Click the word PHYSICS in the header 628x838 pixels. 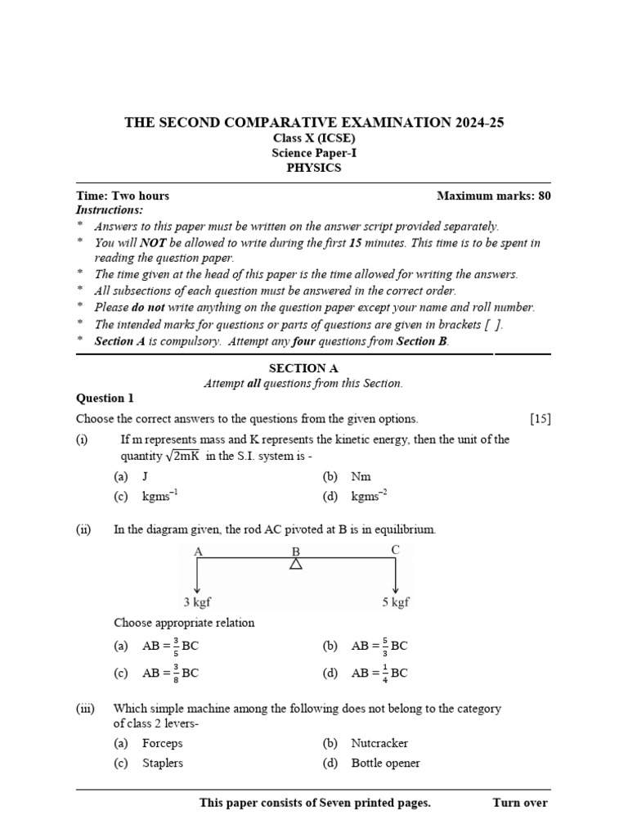click(x=314, y=168)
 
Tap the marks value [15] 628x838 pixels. click(x=540, y=418)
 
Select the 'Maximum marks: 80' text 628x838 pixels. click(x=494, y=196)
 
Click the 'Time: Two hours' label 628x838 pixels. click(x=123, y=196)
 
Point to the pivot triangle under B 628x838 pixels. click(x=296, y=565)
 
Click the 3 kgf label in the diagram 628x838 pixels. click(x=197, y=602)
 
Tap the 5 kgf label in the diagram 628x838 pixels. click(x=395, y=602)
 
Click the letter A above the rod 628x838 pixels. click(x=198, y=552)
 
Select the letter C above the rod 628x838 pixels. click(x=395, y=550)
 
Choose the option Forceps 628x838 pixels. click(x=162, y=743)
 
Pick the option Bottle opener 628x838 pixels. click(x=385, y=763)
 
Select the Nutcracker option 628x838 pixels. click(x=379, y=743)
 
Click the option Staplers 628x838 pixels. click(x=162, y=763)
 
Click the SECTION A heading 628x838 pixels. click(x=303, y=368)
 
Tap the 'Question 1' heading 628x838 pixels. click(x=105, y=399)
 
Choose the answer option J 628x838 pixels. click(x=146, y=475)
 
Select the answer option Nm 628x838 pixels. click(x=361, y=475)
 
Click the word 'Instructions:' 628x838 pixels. click(x=109, y=210)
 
